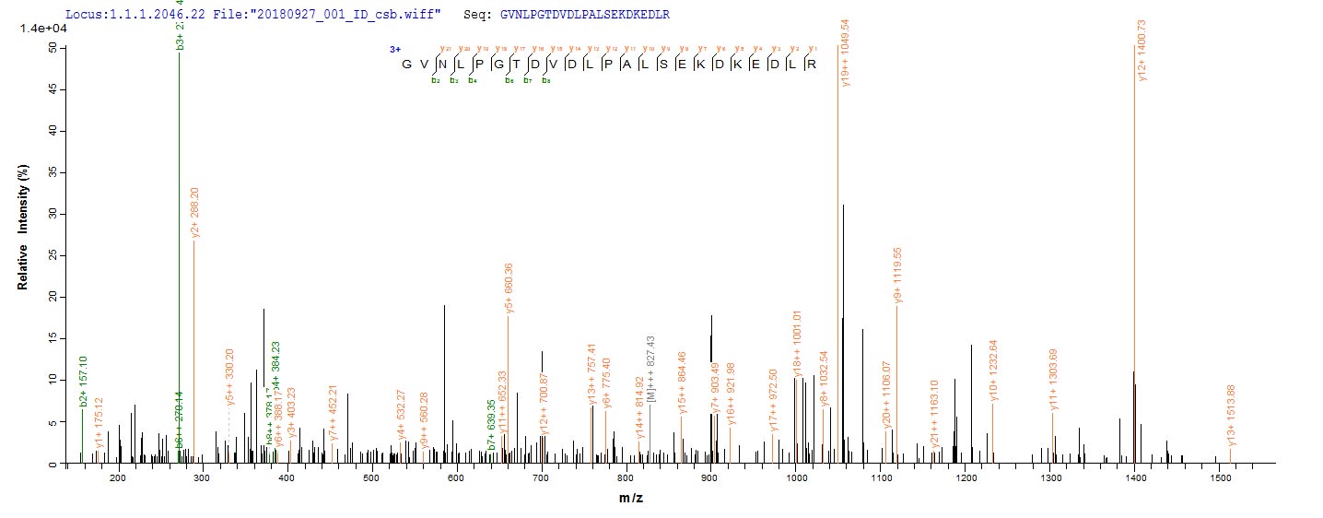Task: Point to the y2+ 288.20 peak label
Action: [x=195, y=213]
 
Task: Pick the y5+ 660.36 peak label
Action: [x=509, y=288]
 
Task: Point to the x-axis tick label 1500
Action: [x=1218, y=480]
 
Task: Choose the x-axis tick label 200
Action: [x=117, y=480]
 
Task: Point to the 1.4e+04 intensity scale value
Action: [x=42, y=29]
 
